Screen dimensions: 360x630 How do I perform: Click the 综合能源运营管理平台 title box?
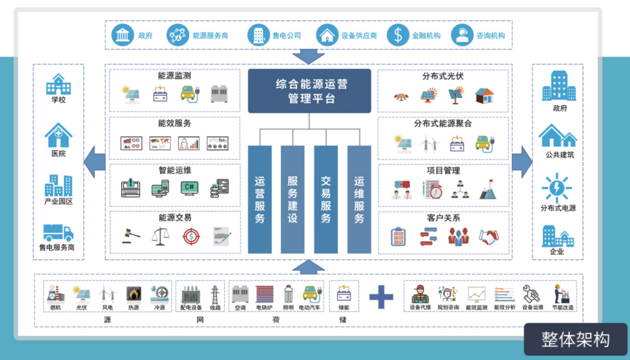[x=309, y=91]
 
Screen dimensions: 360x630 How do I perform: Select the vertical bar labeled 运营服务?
[x=260, y=200]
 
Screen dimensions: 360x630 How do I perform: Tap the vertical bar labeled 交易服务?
[x=326, y=200]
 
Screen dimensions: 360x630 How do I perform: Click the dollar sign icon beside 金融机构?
[x=398, y=35]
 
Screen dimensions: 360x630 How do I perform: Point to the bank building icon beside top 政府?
[x=123, y=35]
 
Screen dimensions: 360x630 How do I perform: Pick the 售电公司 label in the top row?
[x=287, y=35]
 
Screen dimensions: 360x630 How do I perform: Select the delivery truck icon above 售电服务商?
[x=58, y=233]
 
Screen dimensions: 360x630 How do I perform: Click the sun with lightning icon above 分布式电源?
[x=557, y=187]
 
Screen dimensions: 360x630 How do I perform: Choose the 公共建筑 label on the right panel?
[x=559, y=154]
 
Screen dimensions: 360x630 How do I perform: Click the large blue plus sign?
[x=381, y=297]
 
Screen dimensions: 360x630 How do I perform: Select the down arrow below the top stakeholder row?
[x=309, y=56]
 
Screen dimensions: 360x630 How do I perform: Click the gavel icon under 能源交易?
[x=131, y=236]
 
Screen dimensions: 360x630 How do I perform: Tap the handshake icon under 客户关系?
[x=489, y=237]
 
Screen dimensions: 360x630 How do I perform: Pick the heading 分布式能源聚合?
[x=443, y=123]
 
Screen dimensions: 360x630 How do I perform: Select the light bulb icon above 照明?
[x=288, y=294]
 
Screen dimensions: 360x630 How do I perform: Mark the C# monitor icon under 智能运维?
[x=189, y=188]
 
